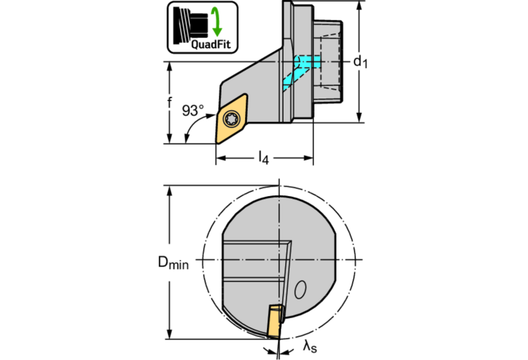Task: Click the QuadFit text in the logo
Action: coord(211,44)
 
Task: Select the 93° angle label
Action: coord(193,110)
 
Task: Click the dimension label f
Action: coord(170,102)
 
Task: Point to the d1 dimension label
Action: coord(360,62)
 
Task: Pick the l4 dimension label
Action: coord(264,157)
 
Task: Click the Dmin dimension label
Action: coord(173,263)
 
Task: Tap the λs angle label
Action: coord(310,346)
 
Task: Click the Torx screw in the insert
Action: coord(232,119)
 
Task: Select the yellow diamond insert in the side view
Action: coord(232,119)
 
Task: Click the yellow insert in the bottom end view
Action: coord(275,321)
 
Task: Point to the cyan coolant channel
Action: coord(299,71)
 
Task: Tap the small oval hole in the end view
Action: coord(300,290)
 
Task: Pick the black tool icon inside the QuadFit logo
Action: coord(191,25)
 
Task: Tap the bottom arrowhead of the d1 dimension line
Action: coord(359,117)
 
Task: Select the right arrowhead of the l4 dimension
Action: coord(308,158)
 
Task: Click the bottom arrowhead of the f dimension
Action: coord(170,138)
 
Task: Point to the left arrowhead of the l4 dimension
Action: coord(221,158)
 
